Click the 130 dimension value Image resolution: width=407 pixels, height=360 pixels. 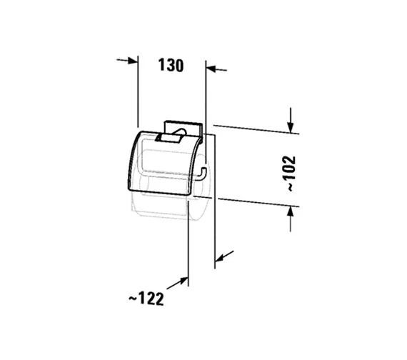click(171, 65)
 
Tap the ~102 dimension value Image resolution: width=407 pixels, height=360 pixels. click(288, 174)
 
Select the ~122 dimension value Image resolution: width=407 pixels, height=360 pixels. click(146, 299)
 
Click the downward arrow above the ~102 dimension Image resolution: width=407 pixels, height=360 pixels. click(291, 120)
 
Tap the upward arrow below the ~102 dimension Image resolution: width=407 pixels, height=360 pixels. click(291, 219)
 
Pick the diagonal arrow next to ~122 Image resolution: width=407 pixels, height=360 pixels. click(177, 283)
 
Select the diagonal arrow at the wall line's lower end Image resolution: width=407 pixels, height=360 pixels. click(224, 256)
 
